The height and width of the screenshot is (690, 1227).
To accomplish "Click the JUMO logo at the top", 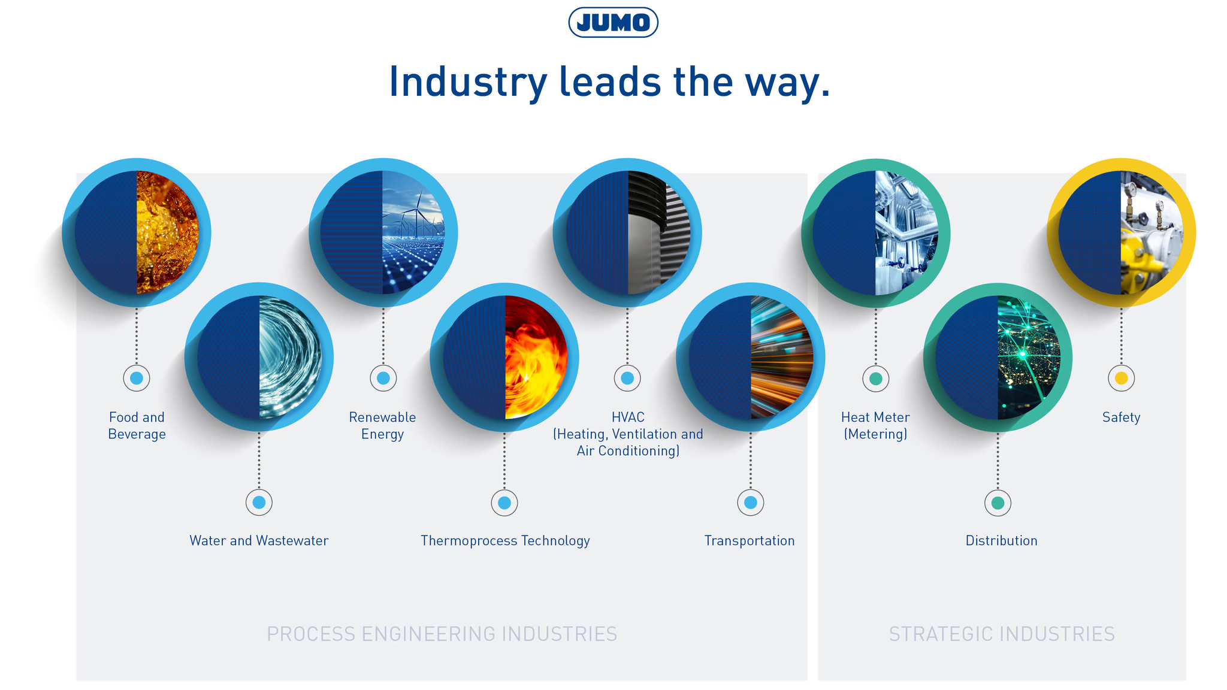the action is click(613, 23).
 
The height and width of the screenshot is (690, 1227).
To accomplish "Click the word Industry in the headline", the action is click(468, 82).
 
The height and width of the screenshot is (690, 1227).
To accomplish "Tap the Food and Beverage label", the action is click(137, 425).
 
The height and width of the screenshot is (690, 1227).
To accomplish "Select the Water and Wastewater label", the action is click(259, 540).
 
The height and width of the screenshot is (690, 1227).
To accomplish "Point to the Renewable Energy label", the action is click(382, 425).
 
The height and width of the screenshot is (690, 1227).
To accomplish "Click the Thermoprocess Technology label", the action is click(505, 540).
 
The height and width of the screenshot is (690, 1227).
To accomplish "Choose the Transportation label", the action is click(750, 540).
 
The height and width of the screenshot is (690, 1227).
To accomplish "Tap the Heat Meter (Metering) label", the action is click(875, 425).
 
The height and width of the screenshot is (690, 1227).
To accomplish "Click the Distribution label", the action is click(1001, 540).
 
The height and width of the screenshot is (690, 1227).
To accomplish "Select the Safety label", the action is click(1121, 417).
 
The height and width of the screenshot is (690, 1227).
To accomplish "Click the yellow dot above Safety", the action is click(1122, 378).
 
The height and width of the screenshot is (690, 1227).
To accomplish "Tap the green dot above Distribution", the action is click(998, 503).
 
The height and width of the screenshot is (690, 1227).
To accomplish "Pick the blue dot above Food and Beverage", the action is click(137, 378).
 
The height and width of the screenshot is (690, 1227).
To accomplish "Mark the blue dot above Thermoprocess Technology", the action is click(504, 503).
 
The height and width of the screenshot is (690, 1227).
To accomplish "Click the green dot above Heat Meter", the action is click(875, 379).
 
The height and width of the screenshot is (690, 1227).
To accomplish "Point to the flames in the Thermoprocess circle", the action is click(535, 358).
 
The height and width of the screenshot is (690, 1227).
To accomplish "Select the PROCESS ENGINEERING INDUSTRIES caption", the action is click(442, 634).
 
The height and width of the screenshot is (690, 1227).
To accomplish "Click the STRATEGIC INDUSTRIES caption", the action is click(1002, 634).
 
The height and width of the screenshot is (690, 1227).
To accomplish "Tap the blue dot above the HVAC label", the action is click(627, 378).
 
